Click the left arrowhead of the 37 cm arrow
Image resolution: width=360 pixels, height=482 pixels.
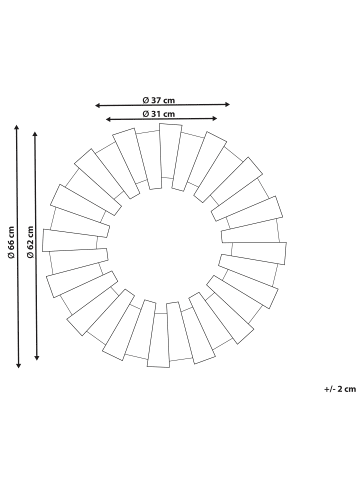point(98,105)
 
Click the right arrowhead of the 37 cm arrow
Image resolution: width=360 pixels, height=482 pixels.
point(228,105)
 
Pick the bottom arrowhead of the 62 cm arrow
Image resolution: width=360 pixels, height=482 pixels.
point(37,359)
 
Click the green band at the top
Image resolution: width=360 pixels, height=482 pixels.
point(180,30)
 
